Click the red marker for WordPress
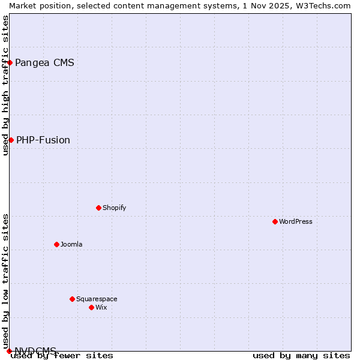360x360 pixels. point(275,221)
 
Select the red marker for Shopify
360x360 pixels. point(98,208)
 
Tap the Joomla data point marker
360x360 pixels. point(56,244)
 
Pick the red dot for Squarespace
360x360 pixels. point(72,299)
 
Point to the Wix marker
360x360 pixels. point(91,307)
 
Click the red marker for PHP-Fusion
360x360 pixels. point(11,140)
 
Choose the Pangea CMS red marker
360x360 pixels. point(10,62)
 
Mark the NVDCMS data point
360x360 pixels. point(9,351)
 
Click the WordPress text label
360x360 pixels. point(296,221)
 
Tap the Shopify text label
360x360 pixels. point(114,208)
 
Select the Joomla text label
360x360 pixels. point(71,244)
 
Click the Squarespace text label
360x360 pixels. point(97,299)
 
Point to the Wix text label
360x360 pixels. point(101,307)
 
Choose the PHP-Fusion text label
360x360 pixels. point(43,140)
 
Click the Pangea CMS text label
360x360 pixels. point(44,63)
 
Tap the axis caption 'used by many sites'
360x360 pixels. point(301,356)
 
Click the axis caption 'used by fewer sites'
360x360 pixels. point(62,356)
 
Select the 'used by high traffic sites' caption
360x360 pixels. point(5,85)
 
